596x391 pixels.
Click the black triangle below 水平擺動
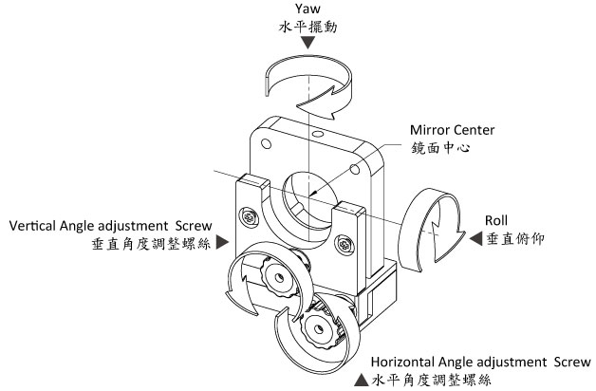click(308, 45)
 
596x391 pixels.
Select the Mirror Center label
click(447, 130)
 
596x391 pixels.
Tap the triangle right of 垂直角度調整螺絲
click(221, 243)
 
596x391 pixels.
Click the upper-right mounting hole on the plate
click(355, 167)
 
